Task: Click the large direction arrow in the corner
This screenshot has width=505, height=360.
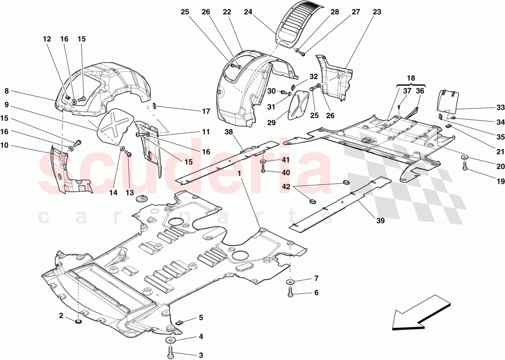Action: coord(420,315)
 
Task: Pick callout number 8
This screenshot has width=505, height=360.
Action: coord(7,91)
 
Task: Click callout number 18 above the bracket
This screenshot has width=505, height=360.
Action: coord(411,79)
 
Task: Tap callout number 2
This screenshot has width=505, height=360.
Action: coord(61,316)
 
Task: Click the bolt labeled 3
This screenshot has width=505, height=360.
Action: coord(170,347)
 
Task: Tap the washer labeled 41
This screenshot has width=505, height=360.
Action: coord(264,162)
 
